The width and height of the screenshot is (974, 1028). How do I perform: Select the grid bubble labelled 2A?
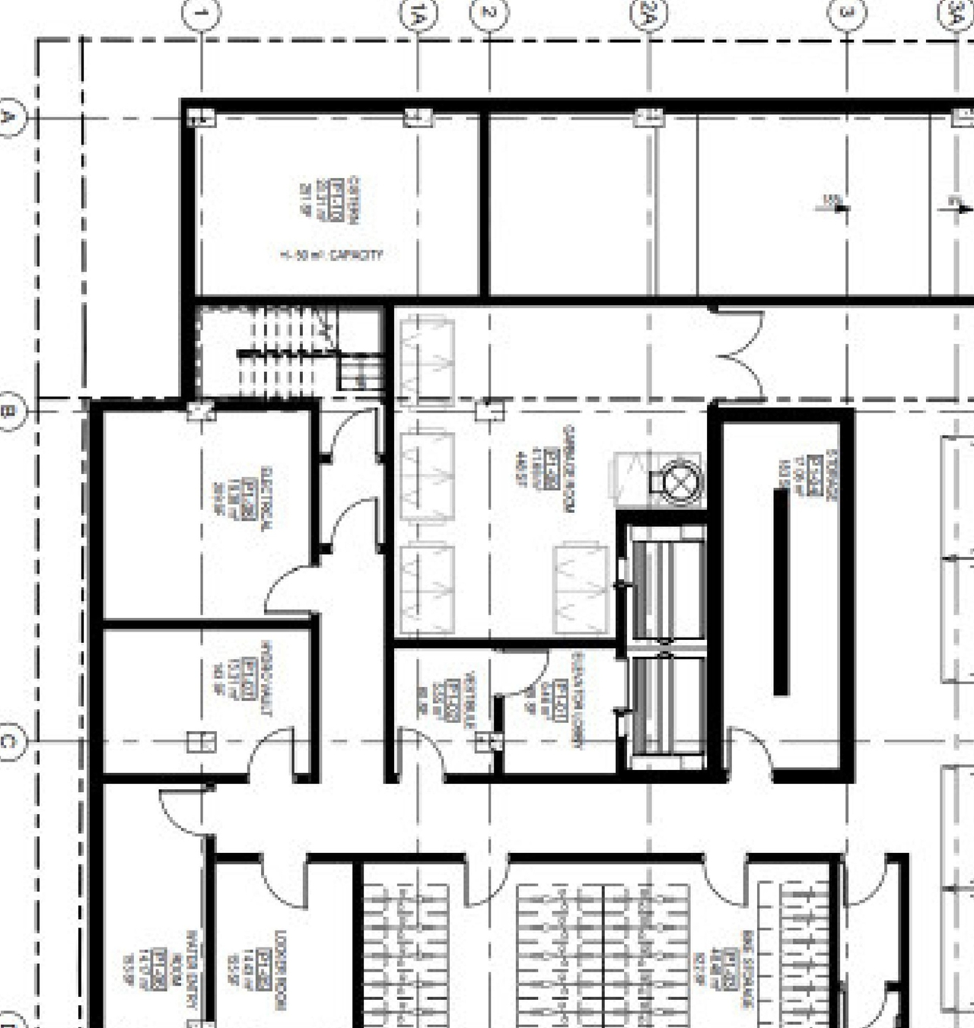coord(649,14)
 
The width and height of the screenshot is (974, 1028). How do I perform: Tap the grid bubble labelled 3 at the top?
coord(847,14)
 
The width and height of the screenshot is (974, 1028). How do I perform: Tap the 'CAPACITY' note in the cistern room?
coord(331,256)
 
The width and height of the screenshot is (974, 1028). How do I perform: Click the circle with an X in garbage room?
coord(676,482)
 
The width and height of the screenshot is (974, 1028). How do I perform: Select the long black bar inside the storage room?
coord(781,592)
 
